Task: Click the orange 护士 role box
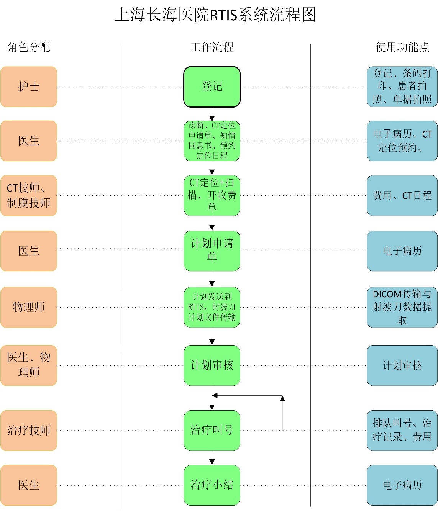tap(29, 87)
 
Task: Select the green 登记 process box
tap(212, 87)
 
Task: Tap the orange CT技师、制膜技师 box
tap(29, 195)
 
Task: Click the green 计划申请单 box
tap(212, 251)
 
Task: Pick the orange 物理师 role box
tap(29, 307)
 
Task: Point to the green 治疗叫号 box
tap(212, 430)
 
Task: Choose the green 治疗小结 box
tap(212, 485)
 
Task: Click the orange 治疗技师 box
tap(29, 430)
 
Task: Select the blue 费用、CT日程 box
tap(402, 195)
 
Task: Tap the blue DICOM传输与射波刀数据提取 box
tap(402, 307)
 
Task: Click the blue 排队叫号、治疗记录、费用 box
tap(402, 430)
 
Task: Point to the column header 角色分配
tap(29, 47)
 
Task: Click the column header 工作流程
tap(212, 47)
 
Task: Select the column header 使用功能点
tap(402, 47)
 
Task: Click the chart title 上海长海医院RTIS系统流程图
tap(216, 15)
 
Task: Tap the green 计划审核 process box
tap(212, 365)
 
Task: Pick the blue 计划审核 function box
tap(402, 365)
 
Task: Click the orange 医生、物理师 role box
tap(29, 365)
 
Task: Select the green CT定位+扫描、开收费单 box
tap(212, 195)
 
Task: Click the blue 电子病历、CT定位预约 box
tap(402, 141)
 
